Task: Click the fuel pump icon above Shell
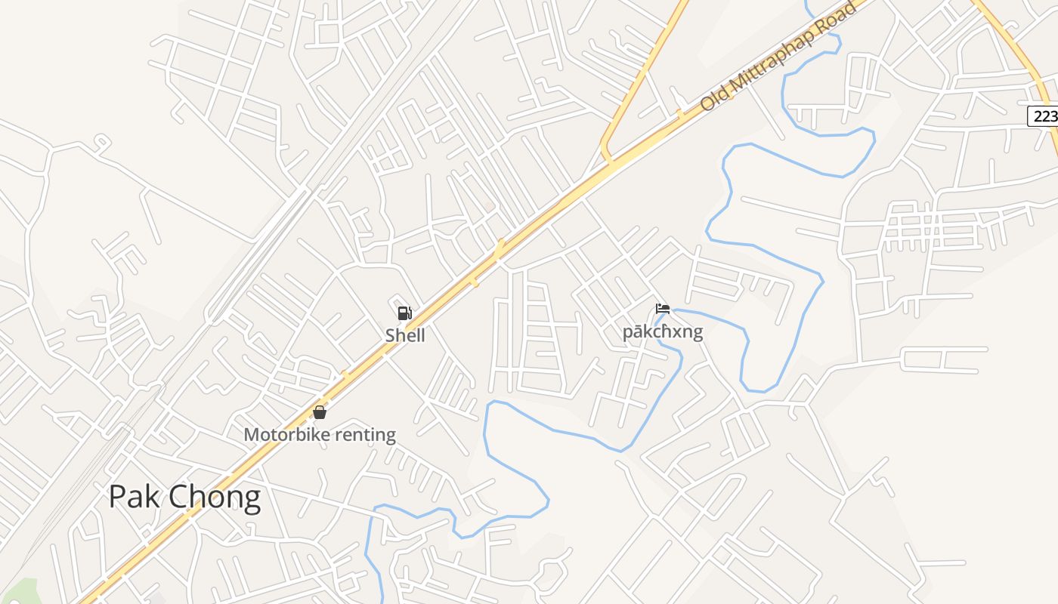click(405, 313)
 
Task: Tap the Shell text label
click(405, 335)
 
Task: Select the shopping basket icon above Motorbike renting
click(320, 412)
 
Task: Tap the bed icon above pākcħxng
click(663, 309)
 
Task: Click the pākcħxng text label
click(663, 332)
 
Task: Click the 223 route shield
click(1044, 116)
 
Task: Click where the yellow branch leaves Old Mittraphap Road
click(608, 160)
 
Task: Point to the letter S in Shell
click(391, 335)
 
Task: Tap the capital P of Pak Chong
click(117, 498)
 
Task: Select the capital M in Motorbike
click(252, 435)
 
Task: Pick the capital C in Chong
click(178, 498)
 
